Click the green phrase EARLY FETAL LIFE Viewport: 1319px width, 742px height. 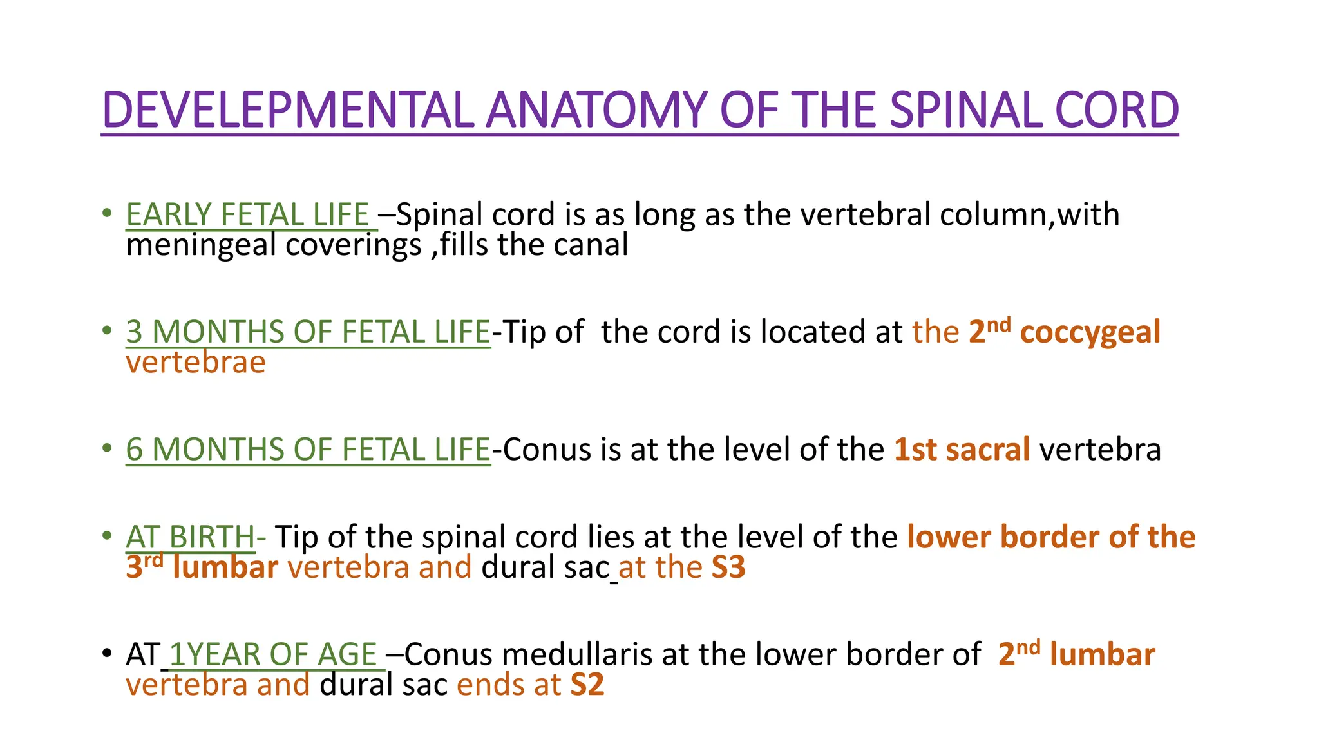click(247, 214)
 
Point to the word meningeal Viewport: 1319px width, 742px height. click(201, 245)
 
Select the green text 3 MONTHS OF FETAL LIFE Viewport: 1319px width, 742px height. click(308, 332)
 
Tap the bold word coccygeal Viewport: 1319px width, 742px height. click(1090, 332)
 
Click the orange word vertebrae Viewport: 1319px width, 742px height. click(196, 362)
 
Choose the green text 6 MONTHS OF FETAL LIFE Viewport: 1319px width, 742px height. click(308, 449)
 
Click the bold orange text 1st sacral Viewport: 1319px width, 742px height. click(962, 449)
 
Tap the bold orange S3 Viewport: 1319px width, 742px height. click(728, 567)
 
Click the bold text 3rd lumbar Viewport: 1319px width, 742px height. click(202, 567)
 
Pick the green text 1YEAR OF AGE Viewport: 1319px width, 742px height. click(273, 654)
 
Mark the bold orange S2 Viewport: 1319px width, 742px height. click(587, 685)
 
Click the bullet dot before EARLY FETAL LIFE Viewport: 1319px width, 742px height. click(107, 213)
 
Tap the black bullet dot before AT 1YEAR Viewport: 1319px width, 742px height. click(107, 653)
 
